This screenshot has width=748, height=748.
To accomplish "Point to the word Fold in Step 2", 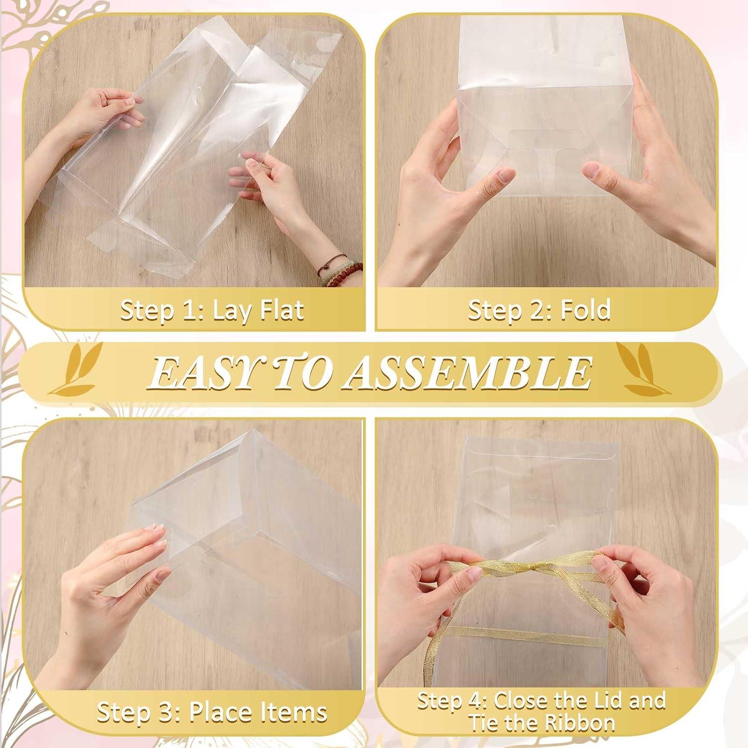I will click(x=585, y=310).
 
